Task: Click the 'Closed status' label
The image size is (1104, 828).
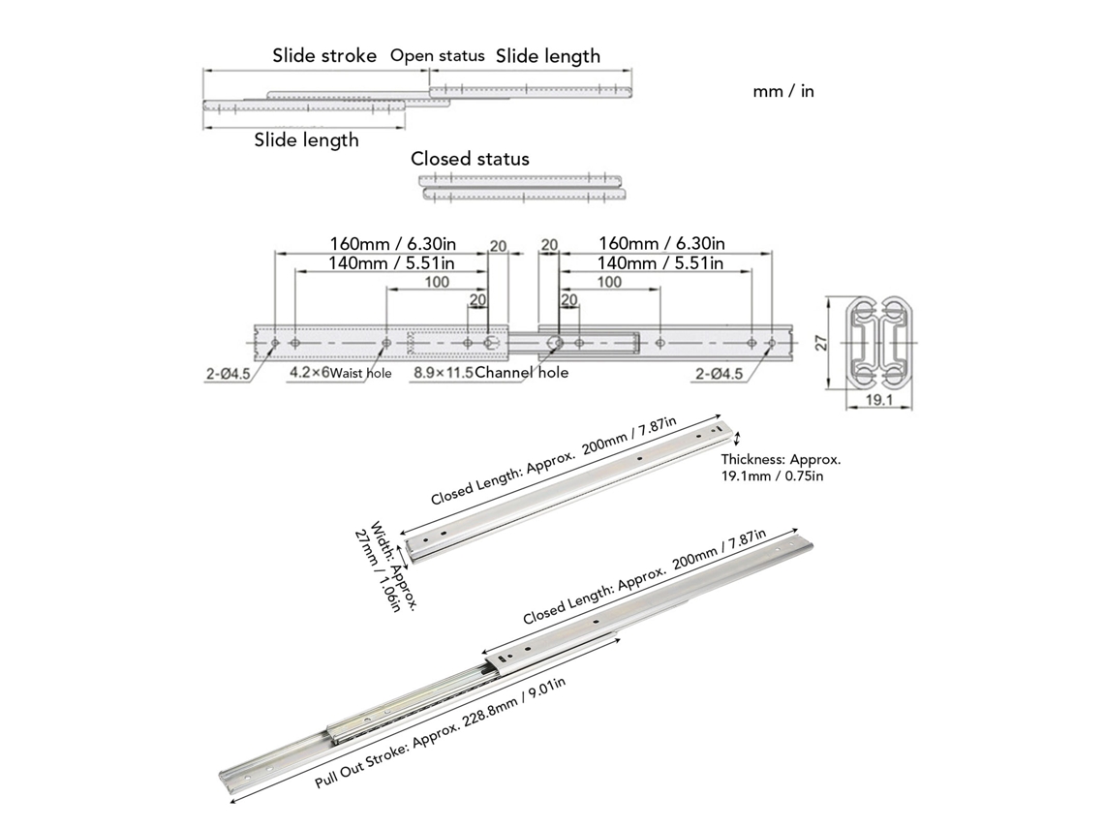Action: (x=470, y=159)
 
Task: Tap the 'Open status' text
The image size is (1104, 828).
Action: (x=437, y=55)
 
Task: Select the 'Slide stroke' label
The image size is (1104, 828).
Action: (x=324, y=55)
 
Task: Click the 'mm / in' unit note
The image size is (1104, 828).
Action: (x=782, y=91)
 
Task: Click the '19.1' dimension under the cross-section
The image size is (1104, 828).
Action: (x=878, y=400)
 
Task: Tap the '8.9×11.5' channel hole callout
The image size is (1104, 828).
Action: (x=444, y=373)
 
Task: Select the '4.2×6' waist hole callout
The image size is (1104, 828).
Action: (x=309, y=373)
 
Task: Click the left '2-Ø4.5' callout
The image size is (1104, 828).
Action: (x=228, y=374)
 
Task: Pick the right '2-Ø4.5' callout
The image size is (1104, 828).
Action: (x=719, y=374)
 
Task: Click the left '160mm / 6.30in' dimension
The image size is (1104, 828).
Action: (x=393, y=244)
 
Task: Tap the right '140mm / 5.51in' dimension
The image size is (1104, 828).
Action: (x=660, y=263)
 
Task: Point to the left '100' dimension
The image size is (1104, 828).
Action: (x=437, y=282)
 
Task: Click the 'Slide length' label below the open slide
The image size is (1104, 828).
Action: (x=306, y=140)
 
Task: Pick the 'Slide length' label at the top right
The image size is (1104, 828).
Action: (x=548, y=56)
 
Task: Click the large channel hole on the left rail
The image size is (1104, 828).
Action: (x=492, y=343)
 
